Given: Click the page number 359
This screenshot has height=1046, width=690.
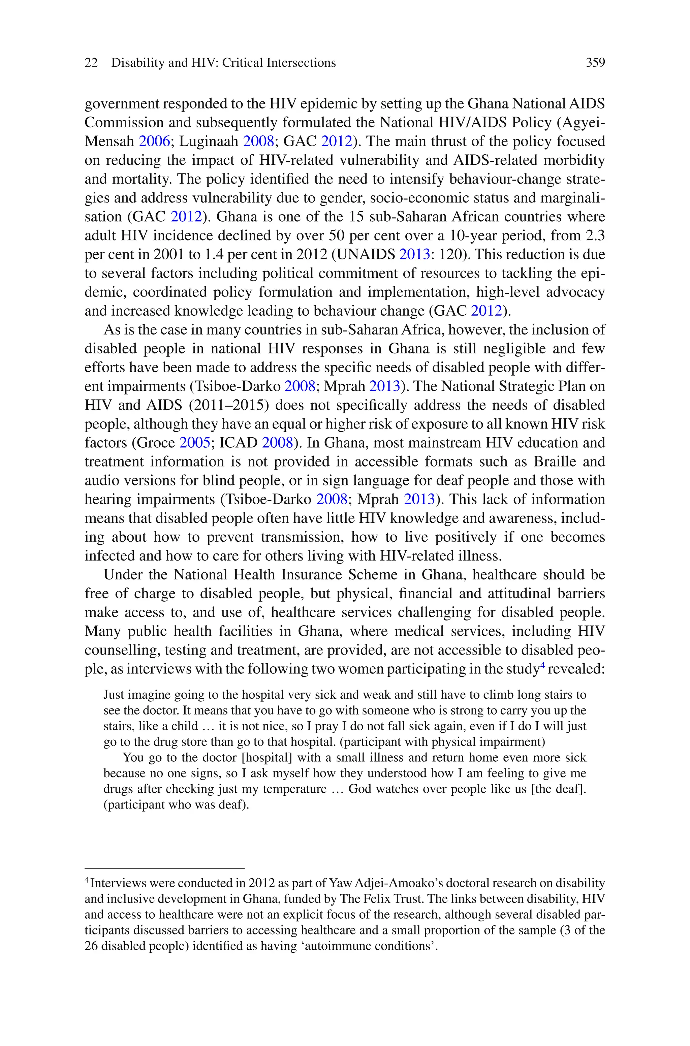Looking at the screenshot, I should [595, 63].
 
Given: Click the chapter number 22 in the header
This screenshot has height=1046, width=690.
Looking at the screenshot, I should [91, 63].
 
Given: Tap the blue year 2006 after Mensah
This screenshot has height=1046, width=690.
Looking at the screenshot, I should [154, 141].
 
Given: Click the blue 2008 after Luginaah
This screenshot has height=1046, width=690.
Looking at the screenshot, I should [259, 141].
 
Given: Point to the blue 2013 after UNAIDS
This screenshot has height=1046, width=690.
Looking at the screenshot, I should [414, 254].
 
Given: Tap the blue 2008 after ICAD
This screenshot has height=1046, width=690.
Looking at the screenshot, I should [277, 443].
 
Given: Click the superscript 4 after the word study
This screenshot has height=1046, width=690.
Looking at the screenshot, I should [542, 666].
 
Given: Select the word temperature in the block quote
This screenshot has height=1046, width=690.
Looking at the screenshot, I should [295, 789].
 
